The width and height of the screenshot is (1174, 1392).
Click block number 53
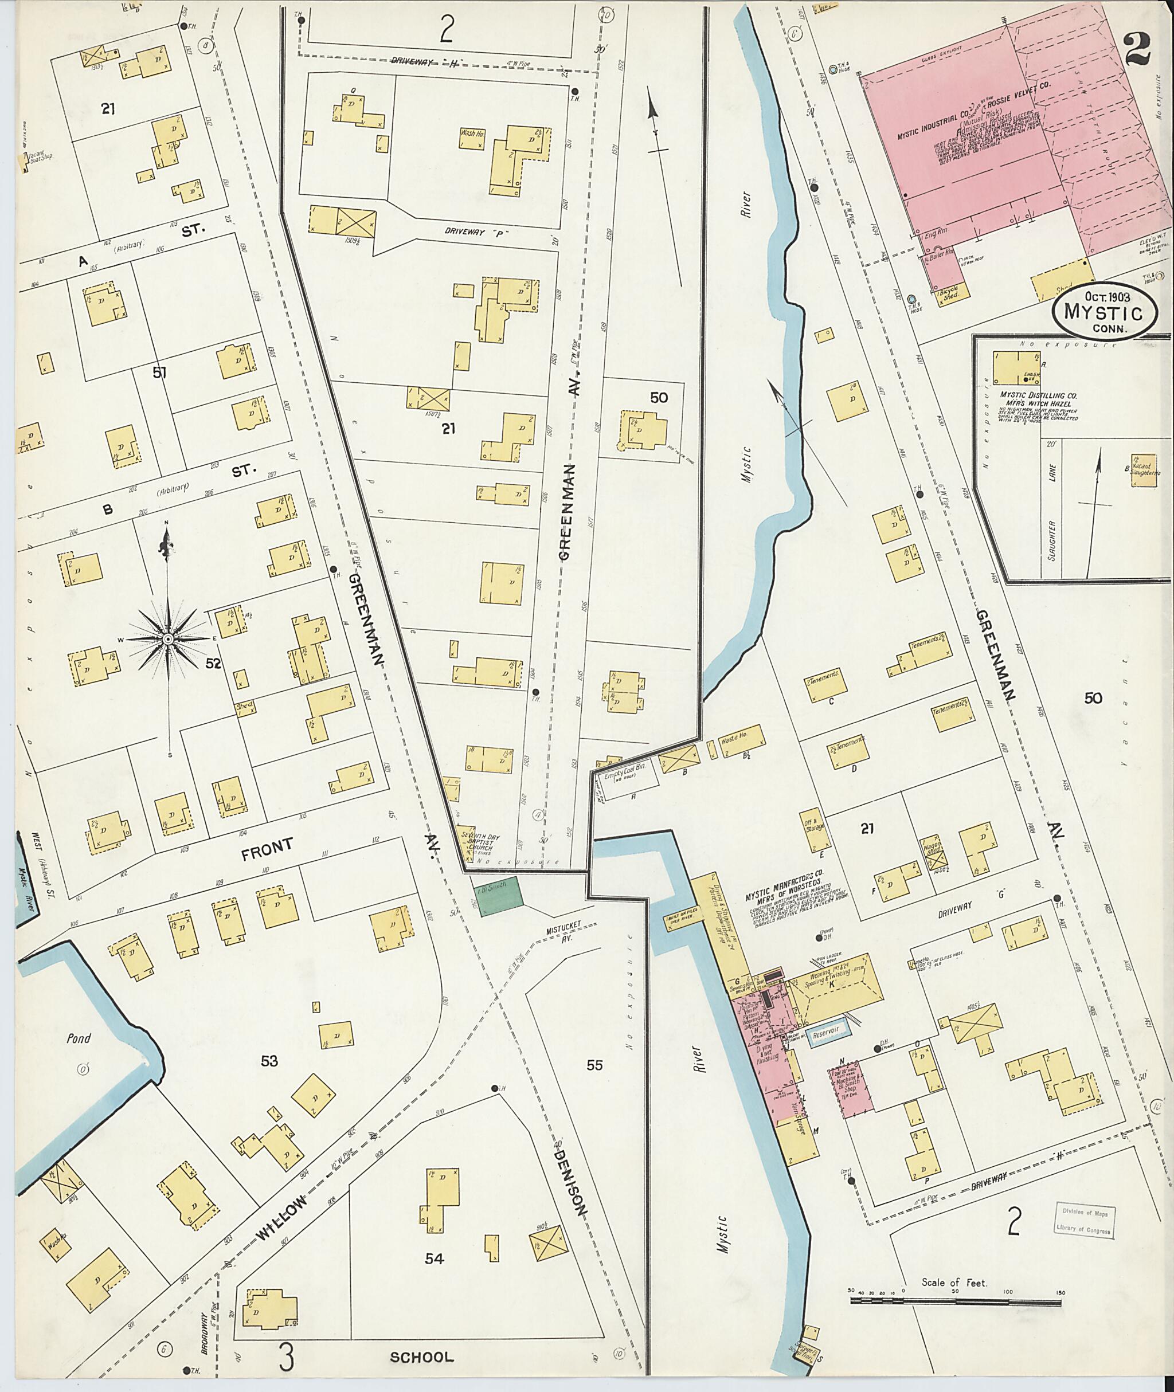pos(269,1061)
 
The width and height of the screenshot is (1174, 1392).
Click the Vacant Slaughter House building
pos(1144,470)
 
